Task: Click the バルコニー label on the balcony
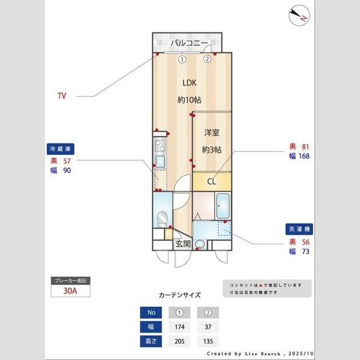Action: coord(188,43)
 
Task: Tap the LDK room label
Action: coord(189,83)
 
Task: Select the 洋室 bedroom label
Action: coord(212,133)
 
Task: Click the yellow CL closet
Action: coord(212,181)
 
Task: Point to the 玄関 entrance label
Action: coord(183,244)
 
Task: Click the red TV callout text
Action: coord(61,95)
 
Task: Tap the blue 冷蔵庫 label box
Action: coord(61,149)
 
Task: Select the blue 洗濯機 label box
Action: coord(299,229)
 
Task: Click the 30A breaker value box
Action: coord(71,292)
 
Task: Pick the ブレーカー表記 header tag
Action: coord(71,281)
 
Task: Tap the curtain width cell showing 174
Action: coord(179,326)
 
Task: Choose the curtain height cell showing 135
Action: coord(208,341)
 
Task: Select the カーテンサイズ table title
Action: coord(179,295)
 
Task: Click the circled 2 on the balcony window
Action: coord(207,59)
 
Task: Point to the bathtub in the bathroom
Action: coord(223,206)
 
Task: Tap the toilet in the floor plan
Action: coord(161,217)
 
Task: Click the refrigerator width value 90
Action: coord(67,170)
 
